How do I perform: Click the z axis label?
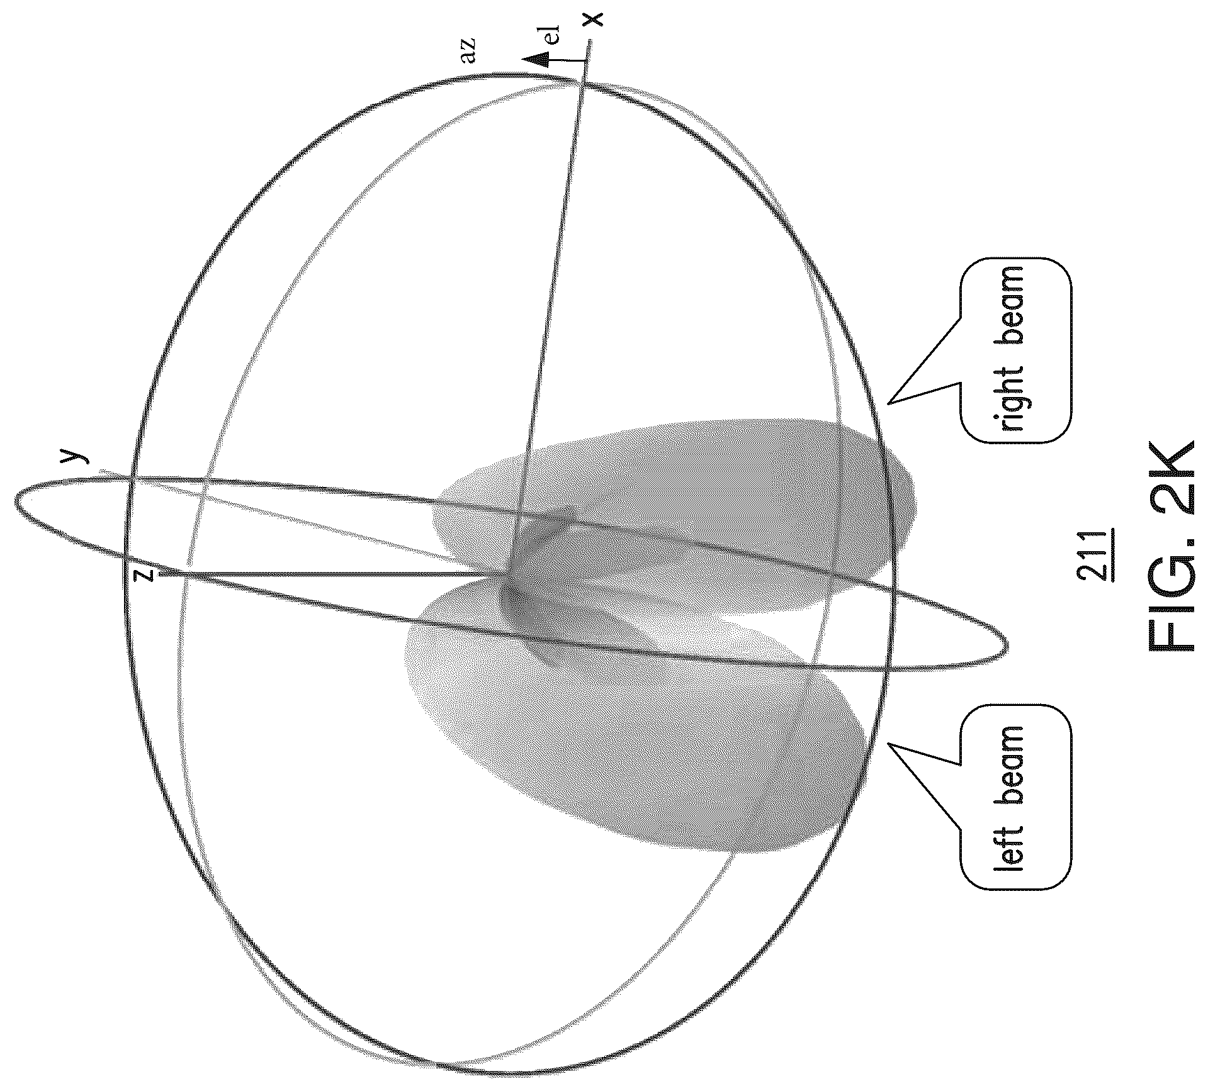pyautogui.click(x=145, y=574)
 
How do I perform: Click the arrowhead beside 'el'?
pyautogui.click(x=535, y=60)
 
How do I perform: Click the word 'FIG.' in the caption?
pyautogui.click(x=1169, y=601)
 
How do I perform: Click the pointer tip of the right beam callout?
pyautogui.click(x=888, y=403)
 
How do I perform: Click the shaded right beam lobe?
pyautogui.click(x=674, y=516)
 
